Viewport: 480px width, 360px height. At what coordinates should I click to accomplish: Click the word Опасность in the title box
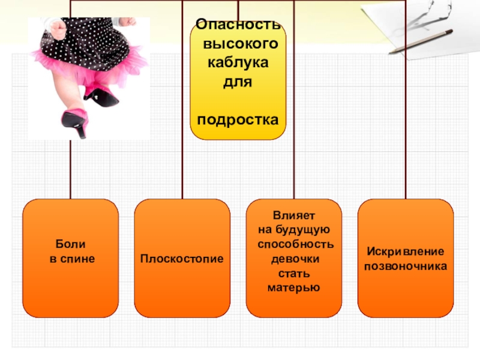click(x=238, y=26)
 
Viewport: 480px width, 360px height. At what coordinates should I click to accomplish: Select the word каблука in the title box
click(x=238, y=62)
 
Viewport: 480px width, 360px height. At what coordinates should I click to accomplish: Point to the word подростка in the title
click(x=238, y=119)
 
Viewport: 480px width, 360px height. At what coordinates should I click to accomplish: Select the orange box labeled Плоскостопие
click(x=182, y=258)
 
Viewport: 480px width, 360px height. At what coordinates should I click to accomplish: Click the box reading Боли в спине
click(x=71, y=258)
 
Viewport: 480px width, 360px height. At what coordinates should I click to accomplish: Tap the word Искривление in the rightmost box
click(x=406, y=251)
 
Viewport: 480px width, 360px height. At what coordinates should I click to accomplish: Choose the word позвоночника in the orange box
click(x=406, y=266)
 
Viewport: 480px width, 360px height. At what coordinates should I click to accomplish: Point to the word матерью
click(x=293, y=287)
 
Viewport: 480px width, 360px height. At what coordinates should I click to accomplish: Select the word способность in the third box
click(x=295, y=244)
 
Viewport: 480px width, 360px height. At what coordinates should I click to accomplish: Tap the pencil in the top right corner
click(x=420, y=43)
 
